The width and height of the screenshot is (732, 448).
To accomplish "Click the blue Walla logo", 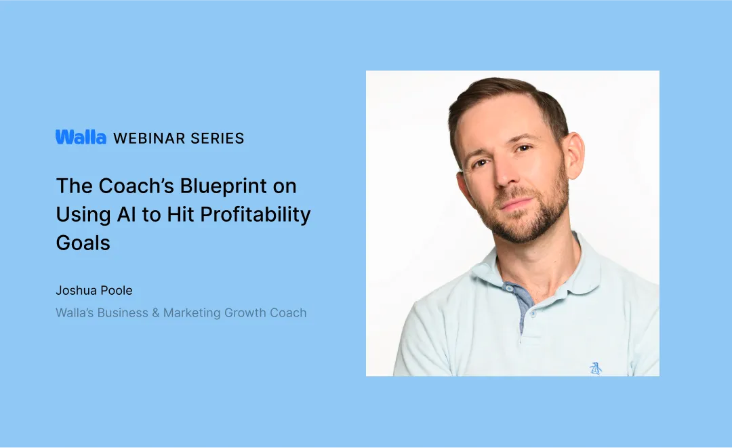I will pyautogui.click(x=81, y=138).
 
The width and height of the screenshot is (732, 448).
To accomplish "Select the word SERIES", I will pyautogui.click(x=218, y=138).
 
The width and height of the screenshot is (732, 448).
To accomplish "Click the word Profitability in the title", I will pyautogui.click(x=257, y=214).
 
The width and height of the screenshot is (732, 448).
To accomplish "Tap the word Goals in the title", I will pyautogui.click(x=83, y=243).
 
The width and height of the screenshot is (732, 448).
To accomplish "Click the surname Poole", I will pyautogui.click(x=117, y=291).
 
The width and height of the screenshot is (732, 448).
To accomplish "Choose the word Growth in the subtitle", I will pyautogui.click(x=252, y=313).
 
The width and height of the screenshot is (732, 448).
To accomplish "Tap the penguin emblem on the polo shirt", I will pyautogui.click(x=596, y=368).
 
